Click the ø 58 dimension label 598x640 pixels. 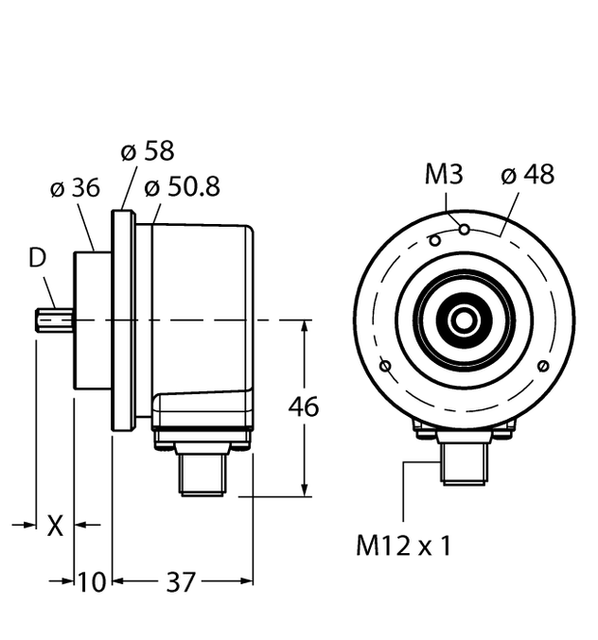coord(149,152)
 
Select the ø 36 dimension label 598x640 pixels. coord(74,188)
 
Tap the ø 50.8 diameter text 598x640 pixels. coord(182,188)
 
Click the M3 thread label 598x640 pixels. coord(445,175)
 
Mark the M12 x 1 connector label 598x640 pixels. coord(403,545)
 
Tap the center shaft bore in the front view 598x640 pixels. coord(464,321)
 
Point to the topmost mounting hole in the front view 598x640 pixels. coord(464,228)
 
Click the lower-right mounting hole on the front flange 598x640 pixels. coord(542,367)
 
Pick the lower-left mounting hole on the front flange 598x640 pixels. coord(384,367)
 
